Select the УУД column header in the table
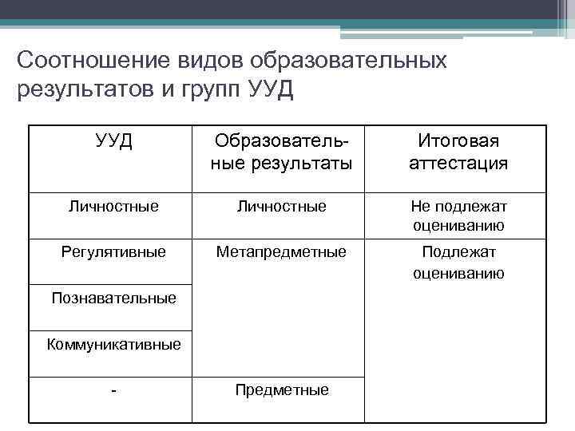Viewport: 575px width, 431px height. pyautogui.click(x=113, y=142)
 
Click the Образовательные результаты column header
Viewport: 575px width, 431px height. pyautogui.click(x=282, y=153)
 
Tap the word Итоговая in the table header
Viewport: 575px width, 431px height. pyautogui.click(x=458, y=142)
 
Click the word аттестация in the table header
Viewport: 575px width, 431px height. pyautogui.click(x=458, y=164)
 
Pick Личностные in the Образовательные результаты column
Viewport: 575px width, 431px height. pyautogui.click(x=282, y=206)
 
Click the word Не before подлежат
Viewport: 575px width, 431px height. pyautogui.click(x=419, y=206)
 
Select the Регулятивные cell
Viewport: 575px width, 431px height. pyautogui.click(x=113, y=252)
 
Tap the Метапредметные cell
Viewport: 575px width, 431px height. pyautogui.click(x=282, y=252)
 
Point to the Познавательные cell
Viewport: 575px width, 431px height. pyautogui.click(x=113, y=299)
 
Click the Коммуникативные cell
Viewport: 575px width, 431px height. pyautogui.click(x=113, y=345)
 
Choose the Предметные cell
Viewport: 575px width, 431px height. pyautogui.click(x=282, y=390)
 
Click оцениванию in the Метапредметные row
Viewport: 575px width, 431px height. pyautogui.click(x=458, y=273)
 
